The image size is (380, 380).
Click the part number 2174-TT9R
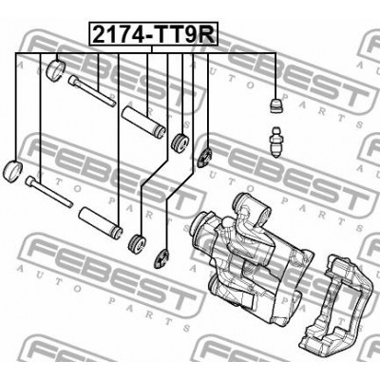(x=153, y=36)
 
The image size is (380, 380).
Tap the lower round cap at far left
(x=13, y=170)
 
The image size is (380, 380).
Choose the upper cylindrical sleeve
(x=146, y=125)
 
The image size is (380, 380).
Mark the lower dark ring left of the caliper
(x=161, y=255)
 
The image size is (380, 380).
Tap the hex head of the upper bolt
(x=75, y=82)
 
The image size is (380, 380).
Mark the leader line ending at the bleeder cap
(x=275, y=76)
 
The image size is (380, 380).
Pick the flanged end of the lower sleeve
(x=115, y=230)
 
